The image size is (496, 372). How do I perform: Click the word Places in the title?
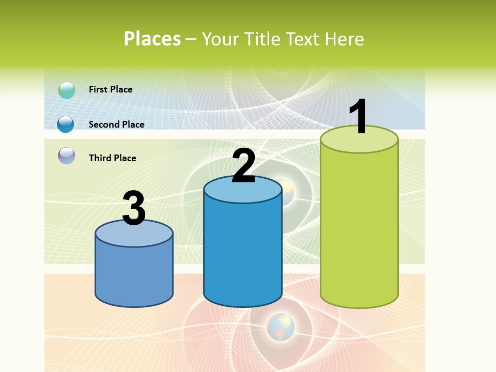click(x=152, y=39)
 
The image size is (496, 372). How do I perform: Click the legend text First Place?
click(x=111, y=89)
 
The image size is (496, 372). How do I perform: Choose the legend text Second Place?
click(x=116, y=125)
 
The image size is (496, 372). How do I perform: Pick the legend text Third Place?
click(x=112, y=158)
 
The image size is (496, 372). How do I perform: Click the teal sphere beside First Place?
click(x=67, y=90)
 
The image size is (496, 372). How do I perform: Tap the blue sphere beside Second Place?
click(x=66, y=125)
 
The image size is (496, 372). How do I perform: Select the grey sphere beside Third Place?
click(x=67, y=156)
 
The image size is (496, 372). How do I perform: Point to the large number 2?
click(x=243, y=166)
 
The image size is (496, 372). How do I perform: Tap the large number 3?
click(x=134, y=209)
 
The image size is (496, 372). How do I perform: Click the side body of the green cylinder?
click(x=359, y=227)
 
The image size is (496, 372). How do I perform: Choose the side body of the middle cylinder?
click(x=243, y=253)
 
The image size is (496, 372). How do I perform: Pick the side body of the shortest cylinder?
click(x=134, y=274)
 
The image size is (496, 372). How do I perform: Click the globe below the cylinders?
click(x=281, y=327)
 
